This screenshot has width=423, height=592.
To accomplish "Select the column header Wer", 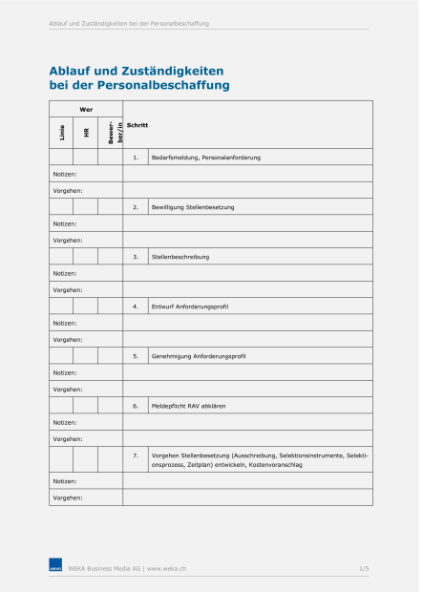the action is (86, 110).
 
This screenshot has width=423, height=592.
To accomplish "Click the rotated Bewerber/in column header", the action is (111, 133).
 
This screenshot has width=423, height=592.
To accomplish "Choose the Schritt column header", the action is (137, 125).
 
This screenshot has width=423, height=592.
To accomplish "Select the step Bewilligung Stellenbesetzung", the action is (193, 206).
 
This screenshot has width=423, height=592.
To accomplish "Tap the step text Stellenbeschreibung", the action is (180, 256).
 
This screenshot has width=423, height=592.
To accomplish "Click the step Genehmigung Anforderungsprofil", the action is (199, 355).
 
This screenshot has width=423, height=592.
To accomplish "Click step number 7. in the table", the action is (136, 455).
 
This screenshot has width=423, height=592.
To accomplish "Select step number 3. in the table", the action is (136, 256).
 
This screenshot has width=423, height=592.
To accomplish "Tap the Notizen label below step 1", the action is (65, 174).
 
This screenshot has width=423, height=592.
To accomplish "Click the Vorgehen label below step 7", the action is (67, 497).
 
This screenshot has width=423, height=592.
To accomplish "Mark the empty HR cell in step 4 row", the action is (86, 306).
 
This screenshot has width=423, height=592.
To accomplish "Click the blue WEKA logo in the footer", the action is (55, 567).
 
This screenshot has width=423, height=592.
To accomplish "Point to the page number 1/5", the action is (364, 568).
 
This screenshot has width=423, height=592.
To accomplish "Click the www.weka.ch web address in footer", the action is (167, 568).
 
